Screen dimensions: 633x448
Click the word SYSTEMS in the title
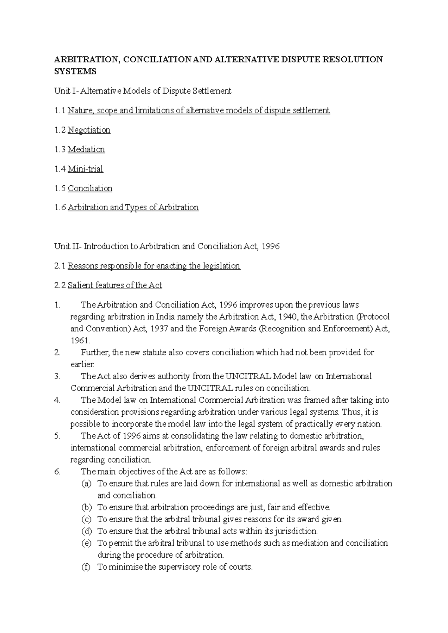75,72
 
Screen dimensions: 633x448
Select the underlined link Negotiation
89,130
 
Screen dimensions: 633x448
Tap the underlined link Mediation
86,149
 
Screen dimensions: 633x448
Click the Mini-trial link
85,169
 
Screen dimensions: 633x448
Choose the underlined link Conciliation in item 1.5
90,188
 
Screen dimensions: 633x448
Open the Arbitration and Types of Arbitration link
133,208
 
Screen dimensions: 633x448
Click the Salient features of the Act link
115,286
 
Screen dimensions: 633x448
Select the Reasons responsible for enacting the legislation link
154,266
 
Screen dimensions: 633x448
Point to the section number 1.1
60,111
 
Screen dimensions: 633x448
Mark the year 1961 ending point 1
80,341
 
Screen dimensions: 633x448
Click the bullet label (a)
86,484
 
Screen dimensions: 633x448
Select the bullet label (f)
86,567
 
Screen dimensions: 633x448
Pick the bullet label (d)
86,531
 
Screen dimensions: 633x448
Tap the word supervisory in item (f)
179,567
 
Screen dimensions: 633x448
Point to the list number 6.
57,472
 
